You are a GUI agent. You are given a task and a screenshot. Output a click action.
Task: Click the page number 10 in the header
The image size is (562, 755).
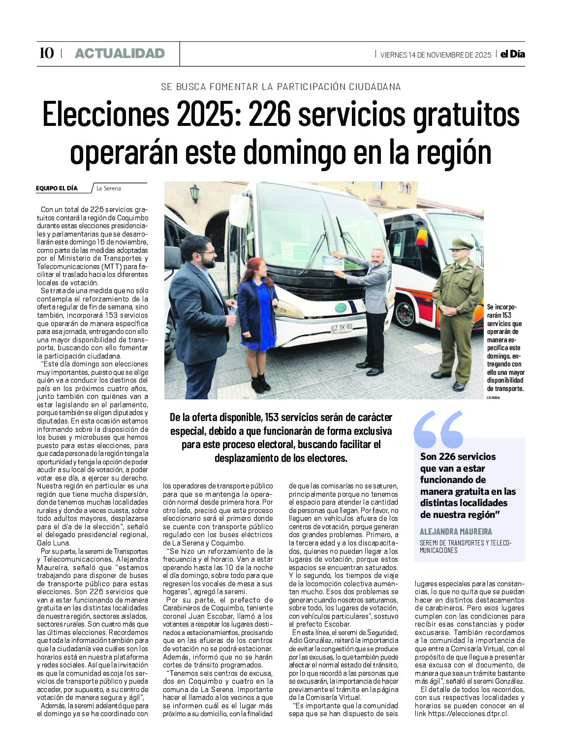click(46, 53)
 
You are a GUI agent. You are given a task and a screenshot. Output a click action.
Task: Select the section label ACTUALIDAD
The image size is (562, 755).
click(120, 53)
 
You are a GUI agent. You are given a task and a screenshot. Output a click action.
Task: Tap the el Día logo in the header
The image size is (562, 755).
click(512, 54)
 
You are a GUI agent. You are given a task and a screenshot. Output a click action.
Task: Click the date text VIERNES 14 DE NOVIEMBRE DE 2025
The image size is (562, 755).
click(436, 55)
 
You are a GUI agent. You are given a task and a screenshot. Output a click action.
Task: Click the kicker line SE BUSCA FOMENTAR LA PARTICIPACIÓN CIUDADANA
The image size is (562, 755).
click(281, 87)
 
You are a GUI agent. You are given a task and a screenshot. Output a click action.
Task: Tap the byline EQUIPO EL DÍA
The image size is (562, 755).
click(57, 188)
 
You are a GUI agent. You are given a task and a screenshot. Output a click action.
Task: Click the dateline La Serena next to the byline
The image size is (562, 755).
click(109, 188)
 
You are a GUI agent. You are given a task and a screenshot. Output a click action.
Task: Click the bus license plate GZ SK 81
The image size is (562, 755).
click(341, 327)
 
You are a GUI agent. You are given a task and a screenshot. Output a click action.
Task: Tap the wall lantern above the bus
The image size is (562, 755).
click(195, 193)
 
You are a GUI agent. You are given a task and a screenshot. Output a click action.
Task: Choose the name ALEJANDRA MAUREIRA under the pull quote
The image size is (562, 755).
click(456, 531)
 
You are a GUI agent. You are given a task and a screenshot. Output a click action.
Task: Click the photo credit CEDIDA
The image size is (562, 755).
click(493, 397)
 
